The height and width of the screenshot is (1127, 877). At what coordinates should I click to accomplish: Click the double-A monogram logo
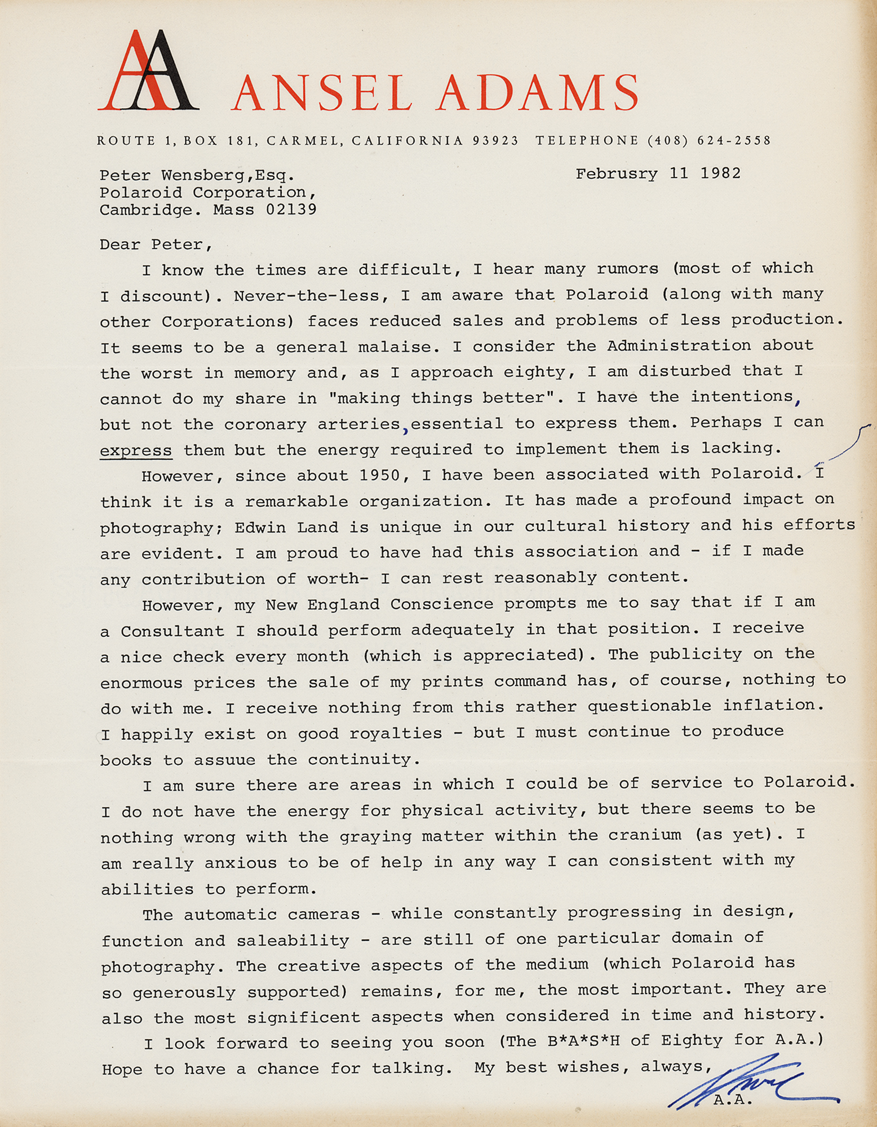(148, 72)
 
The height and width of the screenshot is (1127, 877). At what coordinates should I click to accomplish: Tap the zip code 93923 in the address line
(495, 141)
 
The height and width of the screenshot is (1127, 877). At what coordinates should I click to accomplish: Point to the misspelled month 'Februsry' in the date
(617, 174)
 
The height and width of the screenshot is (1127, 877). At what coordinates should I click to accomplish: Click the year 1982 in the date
(720, 173)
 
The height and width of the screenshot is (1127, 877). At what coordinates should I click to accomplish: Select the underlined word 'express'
(135, 451)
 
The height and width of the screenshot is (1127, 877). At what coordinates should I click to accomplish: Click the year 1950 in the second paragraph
(383, 476)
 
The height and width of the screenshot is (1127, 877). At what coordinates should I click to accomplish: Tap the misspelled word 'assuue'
(224, 760)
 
